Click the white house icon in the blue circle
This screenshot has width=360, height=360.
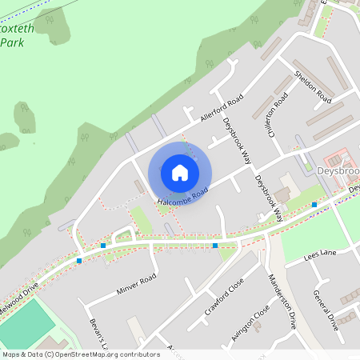coord(180,173)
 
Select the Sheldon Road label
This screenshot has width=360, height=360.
coord(313,86)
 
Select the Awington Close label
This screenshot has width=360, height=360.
coord(250,326)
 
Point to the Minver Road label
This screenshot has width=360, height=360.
coord(136,282)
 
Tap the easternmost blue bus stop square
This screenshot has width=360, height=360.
coord(314,205)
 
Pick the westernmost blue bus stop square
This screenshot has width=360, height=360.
coord(79,260)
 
